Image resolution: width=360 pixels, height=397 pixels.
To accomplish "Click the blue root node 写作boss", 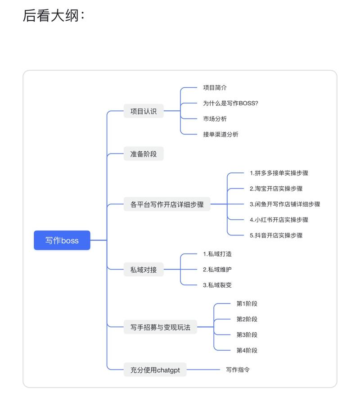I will pos(62,240).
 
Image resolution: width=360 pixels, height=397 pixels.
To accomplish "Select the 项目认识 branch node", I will pos(144,111).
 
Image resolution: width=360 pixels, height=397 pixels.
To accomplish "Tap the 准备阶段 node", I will pos(144,154).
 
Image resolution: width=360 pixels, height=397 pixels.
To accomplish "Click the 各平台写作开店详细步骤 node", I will pos(167,204).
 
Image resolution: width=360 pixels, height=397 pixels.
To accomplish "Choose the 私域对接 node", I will pos(144,270).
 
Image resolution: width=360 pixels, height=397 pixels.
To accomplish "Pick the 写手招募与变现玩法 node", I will pos(160,327).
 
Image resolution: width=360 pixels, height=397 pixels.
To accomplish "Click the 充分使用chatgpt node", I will pos(155,370).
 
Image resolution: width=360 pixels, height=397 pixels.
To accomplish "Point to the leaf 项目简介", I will pos(215,88).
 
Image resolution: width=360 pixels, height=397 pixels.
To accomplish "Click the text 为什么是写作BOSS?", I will pos(230,103).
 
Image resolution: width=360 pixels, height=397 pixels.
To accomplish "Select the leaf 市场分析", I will pos(215,119).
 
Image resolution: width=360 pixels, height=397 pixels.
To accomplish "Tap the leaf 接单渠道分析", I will pos(220,134).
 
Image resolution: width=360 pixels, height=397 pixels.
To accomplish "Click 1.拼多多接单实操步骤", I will pos(279,173).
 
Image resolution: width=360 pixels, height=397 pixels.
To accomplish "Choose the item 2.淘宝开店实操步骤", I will pos(276,189).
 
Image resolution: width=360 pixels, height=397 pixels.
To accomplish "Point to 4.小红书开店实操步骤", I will pos(279,220).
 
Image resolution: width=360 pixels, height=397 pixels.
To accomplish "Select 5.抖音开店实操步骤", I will pos(276,235).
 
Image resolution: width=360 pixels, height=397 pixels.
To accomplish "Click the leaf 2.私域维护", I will pos(217,269).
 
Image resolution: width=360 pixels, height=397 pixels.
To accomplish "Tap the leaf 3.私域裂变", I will pos(217,285).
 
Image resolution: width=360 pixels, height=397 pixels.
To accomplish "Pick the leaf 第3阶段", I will pos(247,334).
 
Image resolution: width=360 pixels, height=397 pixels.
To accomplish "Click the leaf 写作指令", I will pos(238,370).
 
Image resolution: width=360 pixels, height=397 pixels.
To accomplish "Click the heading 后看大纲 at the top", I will pos(53,15).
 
